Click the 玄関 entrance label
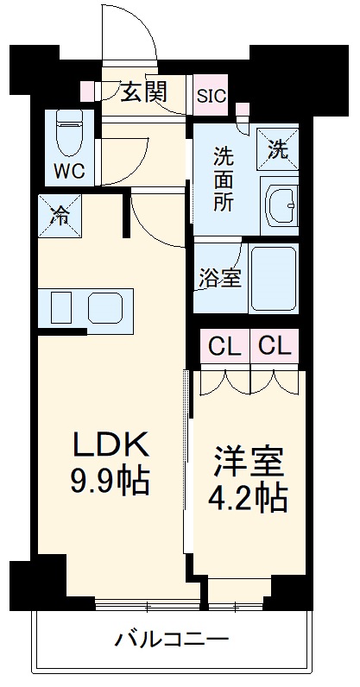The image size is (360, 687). pos(142,91)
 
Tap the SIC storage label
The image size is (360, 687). pos(212,96)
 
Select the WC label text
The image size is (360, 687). pos(71,170)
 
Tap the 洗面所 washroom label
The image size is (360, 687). pos(224,182)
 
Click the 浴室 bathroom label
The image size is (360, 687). pos(219,280)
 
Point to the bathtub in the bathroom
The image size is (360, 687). pos(274,278)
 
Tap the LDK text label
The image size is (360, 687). pos(110,445)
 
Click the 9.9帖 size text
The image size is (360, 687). pos(110,481)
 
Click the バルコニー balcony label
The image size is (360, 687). pos(172,640)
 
